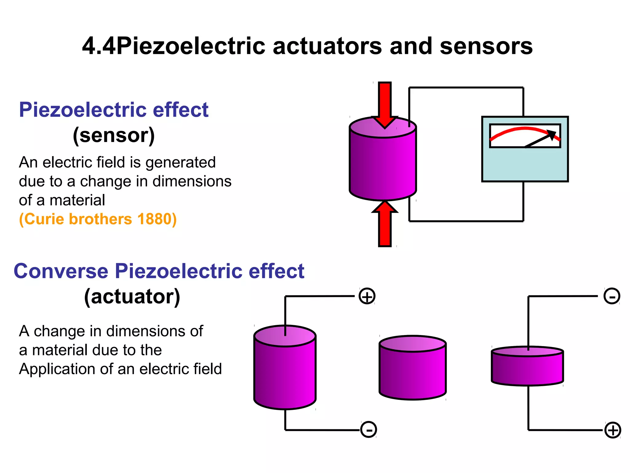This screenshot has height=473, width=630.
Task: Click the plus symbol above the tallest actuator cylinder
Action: point(367,296)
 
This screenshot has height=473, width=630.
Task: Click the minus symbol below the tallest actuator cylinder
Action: point(369,430)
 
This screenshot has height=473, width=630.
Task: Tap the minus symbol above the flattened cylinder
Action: point(612,296)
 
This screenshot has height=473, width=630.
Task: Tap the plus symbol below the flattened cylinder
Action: point(613,430)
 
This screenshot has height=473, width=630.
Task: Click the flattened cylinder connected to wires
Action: point(527,368)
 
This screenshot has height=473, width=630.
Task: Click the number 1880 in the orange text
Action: point(156,219)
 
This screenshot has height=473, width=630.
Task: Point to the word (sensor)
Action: point(114,135)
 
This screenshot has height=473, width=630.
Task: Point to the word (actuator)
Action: point(132,297)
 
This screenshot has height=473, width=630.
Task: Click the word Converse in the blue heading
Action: point(61,271)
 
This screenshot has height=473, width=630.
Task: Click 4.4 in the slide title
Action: point(99,46)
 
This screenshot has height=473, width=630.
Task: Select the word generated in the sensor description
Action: point(181,163)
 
